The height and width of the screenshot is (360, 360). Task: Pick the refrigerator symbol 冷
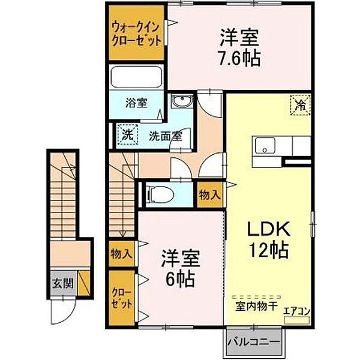(300, 104)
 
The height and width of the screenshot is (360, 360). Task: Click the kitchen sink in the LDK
(265, 146)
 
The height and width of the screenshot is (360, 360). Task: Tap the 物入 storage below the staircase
(121, 254)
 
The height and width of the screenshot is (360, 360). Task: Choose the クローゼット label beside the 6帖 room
(122, 298)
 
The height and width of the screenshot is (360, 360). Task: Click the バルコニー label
(253, 343)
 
